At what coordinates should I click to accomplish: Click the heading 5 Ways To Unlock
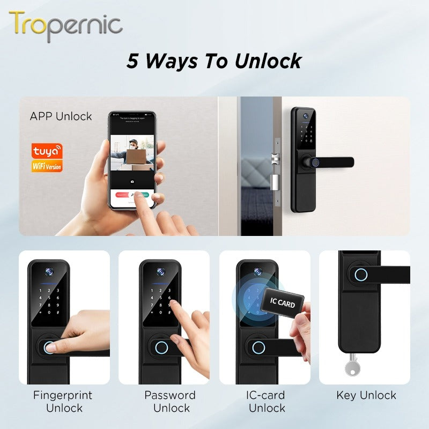(x=214, y=61)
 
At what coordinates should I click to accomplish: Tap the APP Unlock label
(x=61, y=116)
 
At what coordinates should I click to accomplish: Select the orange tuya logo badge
(x=47, y=151)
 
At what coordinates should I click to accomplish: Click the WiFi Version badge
(x=47, y=166)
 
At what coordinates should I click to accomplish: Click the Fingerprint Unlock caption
(x=63, y=402)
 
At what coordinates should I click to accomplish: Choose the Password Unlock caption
(x=170, y=402)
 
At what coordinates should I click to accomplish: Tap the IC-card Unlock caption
(x=267, y=402)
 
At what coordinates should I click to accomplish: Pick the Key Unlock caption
(x=366, y=396)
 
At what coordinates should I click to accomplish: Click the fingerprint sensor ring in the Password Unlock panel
(x=160, y=346)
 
